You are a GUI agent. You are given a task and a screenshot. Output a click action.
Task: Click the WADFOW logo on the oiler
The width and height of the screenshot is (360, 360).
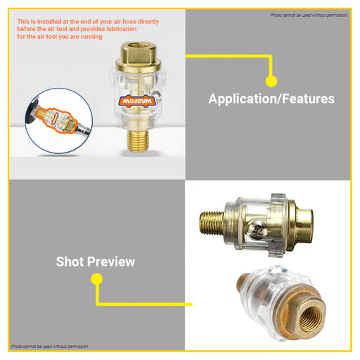pos(137,101)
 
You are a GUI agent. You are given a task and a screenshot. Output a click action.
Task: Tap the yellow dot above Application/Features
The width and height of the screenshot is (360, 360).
pos(271,82)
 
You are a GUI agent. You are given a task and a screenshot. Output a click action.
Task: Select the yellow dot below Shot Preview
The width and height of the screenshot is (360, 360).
pos(96,279)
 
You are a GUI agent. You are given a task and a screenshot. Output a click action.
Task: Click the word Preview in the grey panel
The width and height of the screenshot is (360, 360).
pos(111,262)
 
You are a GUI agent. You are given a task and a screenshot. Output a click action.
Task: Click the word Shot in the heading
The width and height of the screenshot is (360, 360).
pos(70,262)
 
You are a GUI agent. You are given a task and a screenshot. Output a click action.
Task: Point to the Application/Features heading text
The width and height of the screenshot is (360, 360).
pos(271,98)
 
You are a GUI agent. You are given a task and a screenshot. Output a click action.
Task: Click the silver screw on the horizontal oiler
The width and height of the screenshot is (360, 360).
pos(258,230)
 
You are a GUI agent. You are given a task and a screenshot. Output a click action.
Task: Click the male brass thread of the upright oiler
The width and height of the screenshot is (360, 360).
pos(138,141)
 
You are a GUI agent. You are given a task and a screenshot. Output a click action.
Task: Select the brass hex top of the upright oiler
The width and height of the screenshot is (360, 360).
pos(139,57)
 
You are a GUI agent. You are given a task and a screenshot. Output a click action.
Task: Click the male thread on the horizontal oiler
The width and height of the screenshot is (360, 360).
pos(212,223)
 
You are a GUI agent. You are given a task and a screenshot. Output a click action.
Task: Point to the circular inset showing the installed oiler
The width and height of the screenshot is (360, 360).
pos(59,120)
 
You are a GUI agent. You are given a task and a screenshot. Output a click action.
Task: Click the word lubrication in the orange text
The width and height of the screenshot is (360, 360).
pos(122,29)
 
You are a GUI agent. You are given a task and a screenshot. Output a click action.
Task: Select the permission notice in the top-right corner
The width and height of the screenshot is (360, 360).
pos(309,15)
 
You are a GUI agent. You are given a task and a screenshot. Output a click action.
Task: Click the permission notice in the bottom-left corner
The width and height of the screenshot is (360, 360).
pos(50,346)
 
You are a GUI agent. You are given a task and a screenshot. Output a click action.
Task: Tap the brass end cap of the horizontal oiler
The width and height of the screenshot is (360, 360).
pos(301,226)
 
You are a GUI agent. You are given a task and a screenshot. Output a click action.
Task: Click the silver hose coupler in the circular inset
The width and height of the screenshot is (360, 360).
pos(83,129)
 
